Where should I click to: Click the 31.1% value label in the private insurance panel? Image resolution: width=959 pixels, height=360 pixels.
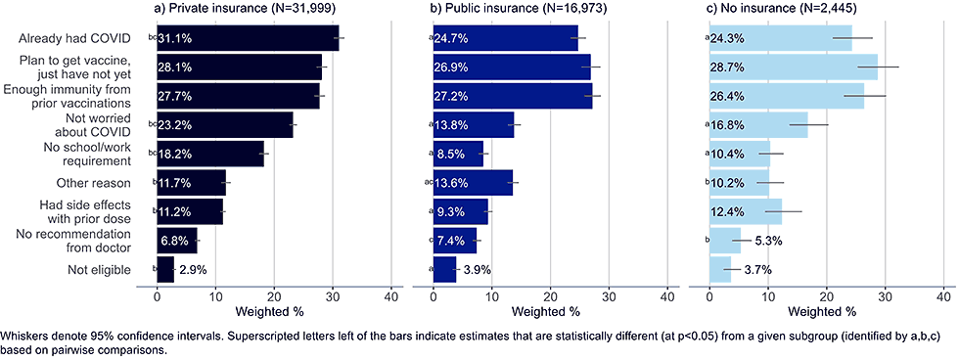point(176,39)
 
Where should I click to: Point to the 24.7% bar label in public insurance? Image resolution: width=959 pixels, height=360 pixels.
point(452,39)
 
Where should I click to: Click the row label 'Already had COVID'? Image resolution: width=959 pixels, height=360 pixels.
point(75,39)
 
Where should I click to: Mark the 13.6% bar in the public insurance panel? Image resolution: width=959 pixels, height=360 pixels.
point(474,183)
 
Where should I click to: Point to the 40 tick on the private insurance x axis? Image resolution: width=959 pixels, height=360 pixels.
point(391,295)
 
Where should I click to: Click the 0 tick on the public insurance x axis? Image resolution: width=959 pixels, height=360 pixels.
point(434,295)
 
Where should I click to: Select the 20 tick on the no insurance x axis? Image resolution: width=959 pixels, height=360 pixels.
point(827,295)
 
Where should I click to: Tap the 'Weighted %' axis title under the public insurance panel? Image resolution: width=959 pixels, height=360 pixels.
point(549,311)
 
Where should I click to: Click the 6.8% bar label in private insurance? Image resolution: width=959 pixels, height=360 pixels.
point(174,241)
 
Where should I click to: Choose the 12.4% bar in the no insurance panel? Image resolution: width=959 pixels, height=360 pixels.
point(746,211)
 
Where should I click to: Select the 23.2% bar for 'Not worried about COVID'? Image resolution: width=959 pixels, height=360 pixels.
point(225,125)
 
